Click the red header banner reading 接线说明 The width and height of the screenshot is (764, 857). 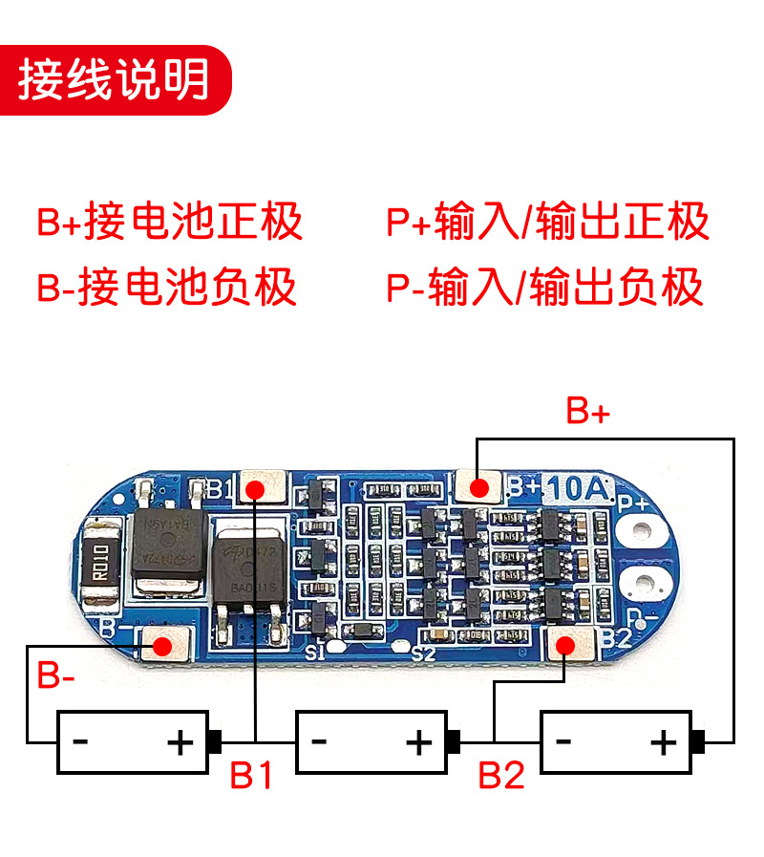[x=116, y=79]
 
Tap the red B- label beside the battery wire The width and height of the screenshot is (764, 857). [x=56, y=677]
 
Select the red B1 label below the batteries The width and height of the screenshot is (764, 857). [x=252, y=776]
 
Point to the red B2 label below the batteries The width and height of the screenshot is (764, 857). [x=501, y=776]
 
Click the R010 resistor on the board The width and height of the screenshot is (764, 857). [x=101, y=572]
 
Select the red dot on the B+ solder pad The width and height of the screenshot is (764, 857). [x=479, y=488]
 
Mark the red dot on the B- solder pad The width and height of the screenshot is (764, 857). [x=163, y=646]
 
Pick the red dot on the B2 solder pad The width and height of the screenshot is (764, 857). [x=565, y=646]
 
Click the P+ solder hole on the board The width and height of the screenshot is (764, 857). [x=641, y=531]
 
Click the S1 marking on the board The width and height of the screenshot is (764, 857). [x=316, y=653]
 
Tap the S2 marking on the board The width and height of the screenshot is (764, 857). [x=423, y=653]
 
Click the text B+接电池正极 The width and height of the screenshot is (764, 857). [x=170, y=222]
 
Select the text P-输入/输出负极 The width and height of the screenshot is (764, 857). [x=545, y=287]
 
